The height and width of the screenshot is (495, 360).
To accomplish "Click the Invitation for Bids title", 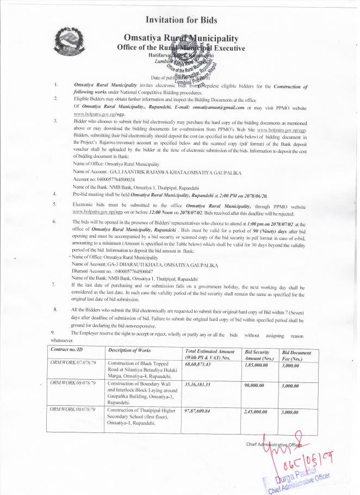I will click(x=181, y=20).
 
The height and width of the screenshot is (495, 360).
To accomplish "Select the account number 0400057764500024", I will click(x=103, y=178).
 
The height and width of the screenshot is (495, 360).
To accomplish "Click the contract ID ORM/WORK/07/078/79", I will click(x=73, y=363).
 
